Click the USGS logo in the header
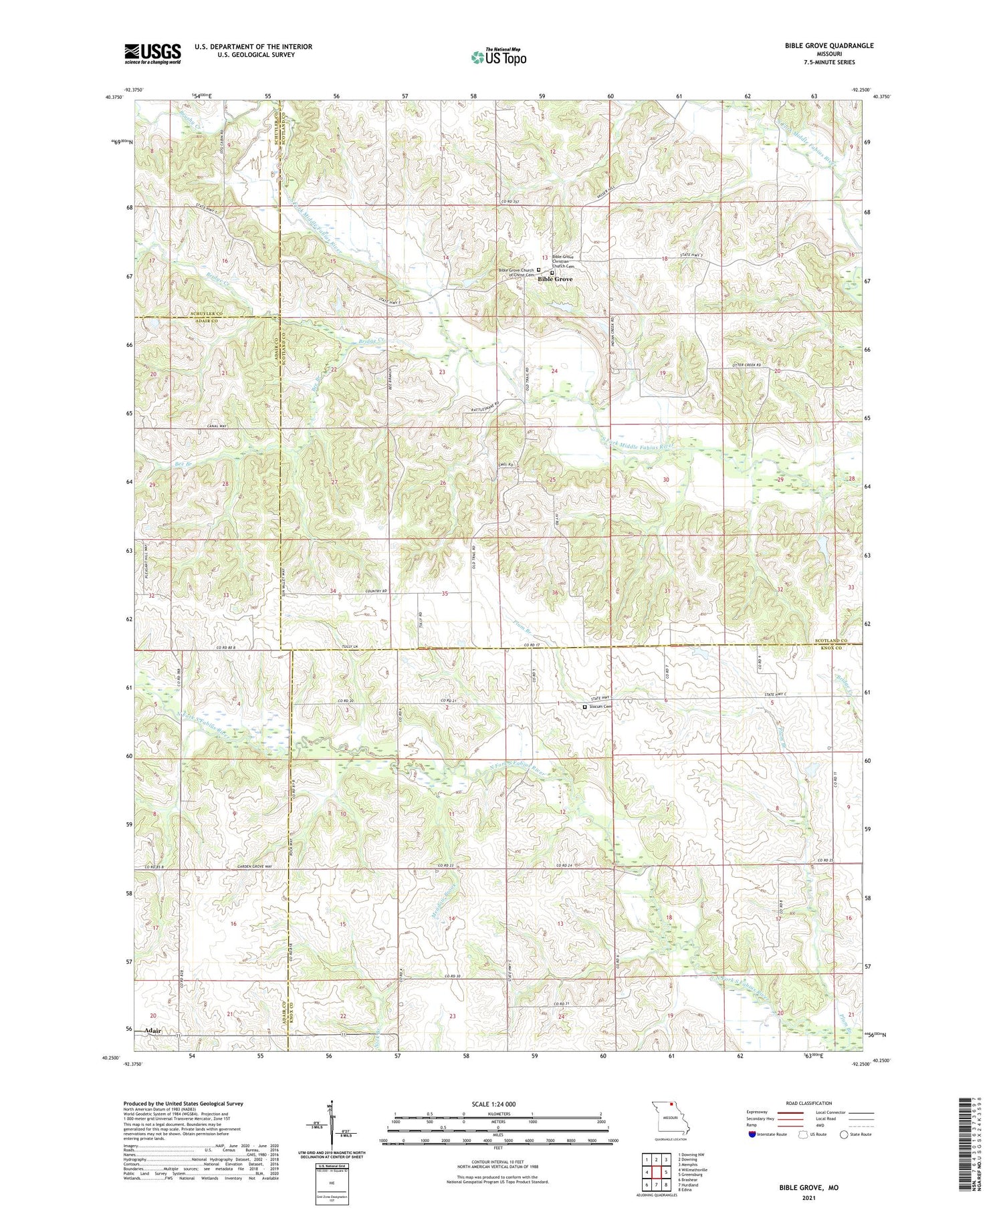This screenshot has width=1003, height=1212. point(152,53)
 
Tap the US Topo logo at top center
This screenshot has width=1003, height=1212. point(498,57)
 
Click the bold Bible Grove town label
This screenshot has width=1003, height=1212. point(555,279)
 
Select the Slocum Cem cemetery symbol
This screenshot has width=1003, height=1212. point(584,707)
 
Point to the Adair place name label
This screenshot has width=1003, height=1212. point(152,1031)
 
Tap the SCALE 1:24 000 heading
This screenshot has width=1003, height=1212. point(498,1104)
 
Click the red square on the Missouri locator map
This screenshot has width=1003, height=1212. point(671,1114)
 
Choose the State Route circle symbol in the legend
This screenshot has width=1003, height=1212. point(844,1134)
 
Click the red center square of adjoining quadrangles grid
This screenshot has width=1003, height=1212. point(657,1172)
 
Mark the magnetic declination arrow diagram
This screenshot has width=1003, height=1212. point(331,1123)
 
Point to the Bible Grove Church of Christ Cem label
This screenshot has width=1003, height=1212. point(516,273)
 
